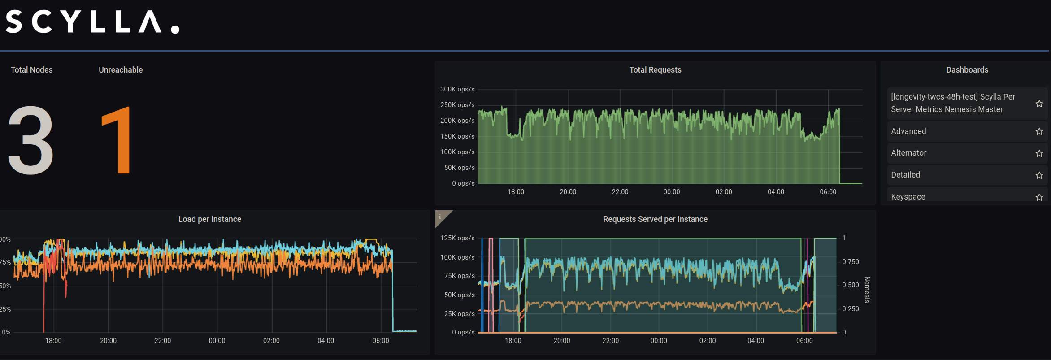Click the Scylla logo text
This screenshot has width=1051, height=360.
point(92,22)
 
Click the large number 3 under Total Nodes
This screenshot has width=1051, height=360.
point(30,140)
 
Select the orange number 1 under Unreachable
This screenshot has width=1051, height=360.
point(117,140)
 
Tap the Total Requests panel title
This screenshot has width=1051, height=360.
point(655,70)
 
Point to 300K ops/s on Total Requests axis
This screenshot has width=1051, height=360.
point(457,89)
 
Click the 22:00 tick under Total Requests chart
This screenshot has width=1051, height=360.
point(620,192)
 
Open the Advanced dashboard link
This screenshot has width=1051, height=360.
point(908,131)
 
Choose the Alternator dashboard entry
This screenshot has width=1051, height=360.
point(908,153)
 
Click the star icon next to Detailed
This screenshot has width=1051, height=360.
point(1039,175)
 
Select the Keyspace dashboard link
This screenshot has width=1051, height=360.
point(908,197)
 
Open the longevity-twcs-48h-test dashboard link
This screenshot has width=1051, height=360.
point(952,103)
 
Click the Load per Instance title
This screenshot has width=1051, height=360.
point(209,219)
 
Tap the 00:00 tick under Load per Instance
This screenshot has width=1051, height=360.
point(217,341)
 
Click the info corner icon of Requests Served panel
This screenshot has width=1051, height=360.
point(440,217)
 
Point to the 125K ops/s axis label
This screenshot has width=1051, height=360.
point(457,238)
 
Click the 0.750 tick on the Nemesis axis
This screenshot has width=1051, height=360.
point(850,262)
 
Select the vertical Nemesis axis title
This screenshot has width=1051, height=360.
point(867,290)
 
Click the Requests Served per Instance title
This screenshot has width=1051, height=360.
point(655,219)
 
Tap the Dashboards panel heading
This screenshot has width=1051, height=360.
point(967,70)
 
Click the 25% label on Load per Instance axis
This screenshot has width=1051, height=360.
point(5,309)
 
